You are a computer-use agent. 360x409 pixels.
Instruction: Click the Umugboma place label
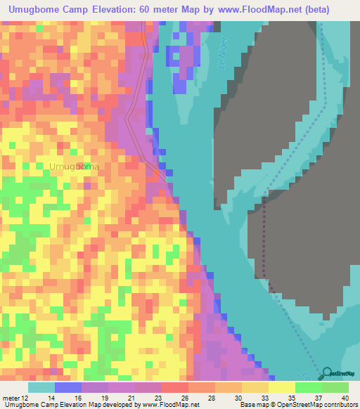tap(74, 167)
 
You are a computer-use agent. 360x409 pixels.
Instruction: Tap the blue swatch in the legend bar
tap(67, 387)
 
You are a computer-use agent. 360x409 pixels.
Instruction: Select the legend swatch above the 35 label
tap(281, 387)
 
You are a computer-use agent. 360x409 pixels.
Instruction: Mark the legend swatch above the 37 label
tap(308, 387)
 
